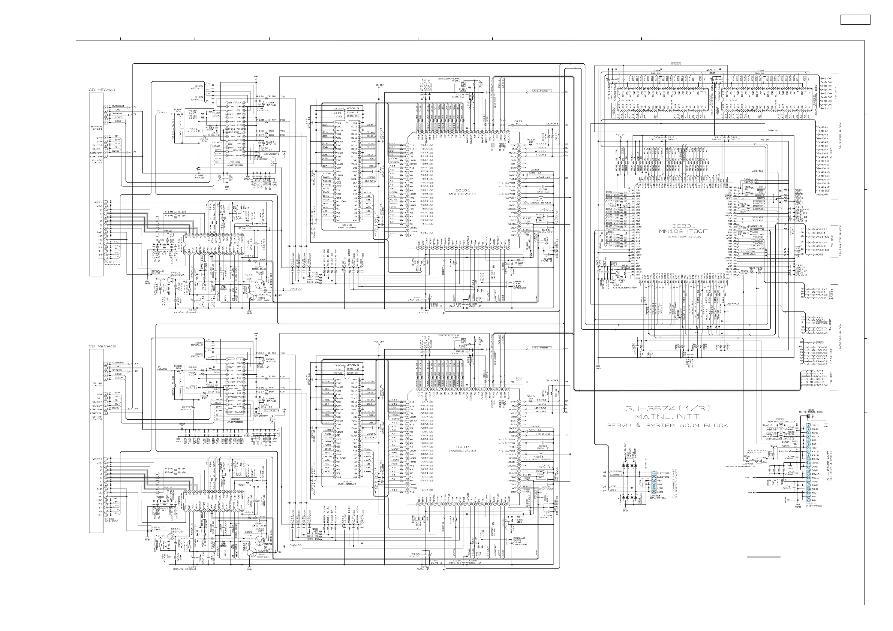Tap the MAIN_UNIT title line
pyautogui.click(x=667, y=417)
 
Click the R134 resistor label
pyautogui.click(x=260, y=96)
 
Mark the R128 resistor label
pyautogui.click(x=178, y=110)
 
